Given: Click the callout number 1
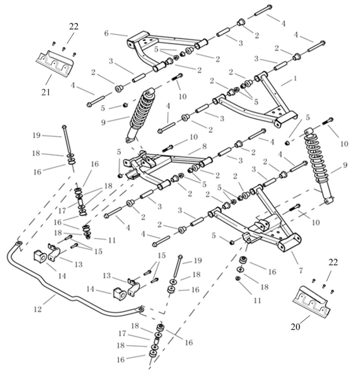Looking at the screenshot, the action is click(295, 78).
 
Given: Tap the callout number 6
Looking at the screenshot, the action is click(107, 33).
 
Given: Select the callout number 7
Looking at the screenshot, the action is click(301, 270).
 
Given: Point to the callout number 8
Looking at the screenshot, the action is click(204, 146).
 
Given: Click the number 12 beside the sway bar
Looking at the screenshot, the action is click(38, 309).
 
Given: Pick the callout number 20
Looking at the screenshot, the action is click(295, 327).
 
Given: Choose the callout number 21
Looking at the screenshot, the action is click(46, 92).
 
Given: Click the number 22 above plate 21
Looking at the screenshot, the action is click(74, 26).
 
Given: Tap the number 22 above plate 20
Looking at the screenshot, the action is click(333, 262).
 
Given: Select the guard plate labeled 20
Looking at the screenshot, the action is click(311, 301).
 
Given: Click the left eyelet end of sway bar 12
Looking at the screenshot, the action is click(19, 243).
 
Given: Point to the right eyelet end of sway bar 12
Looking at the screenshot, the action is click(141, 309).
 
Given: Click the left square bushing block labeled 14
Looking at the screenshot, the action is click(40, 256).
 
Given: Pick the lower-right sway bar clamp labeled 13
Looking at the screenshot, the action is click(133, 287).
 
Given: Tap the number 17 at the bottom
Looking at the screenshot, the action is click(122, 333).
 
